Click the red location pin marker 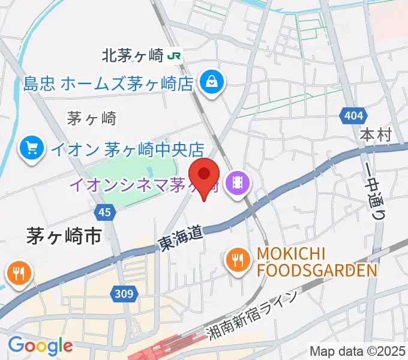coord(203,175)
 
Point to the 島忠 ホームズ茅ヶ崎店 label coord(109,82)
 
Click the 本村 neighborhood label coord(376,135)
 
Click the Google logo coord(40,346)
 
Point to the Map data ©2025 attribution coord(357,351)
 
